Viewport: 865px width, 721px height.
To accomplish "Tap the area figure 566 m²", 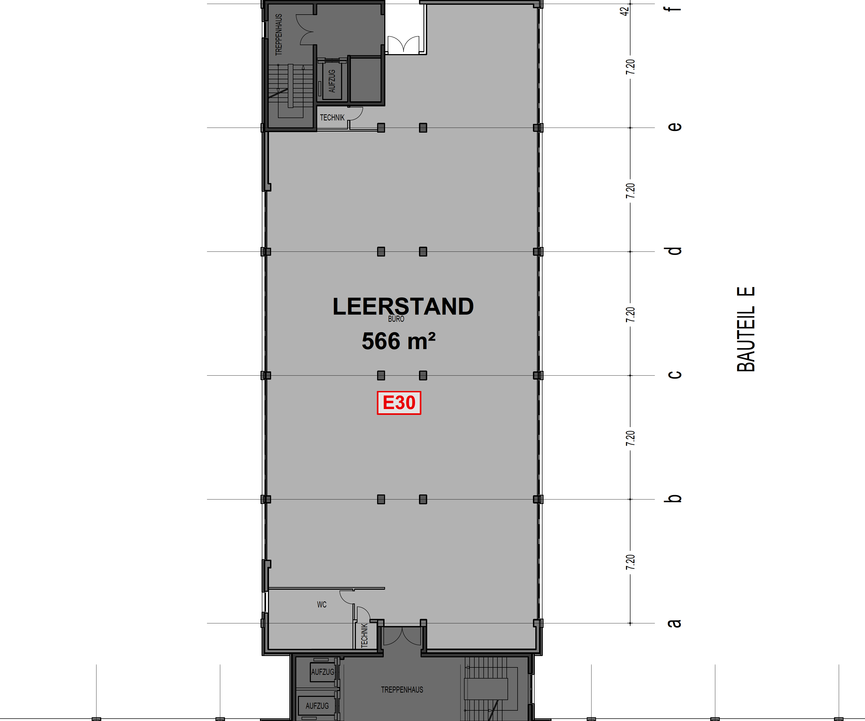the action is (x=398, y=341).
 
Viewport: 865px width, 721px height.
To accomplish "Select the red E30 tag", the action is (x=399, y=403).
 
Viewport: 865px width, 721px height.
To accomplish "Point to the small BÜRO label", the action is (x=396, y=319).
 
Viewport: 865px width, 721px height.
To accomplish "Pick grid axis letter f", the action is (x=674, y=7).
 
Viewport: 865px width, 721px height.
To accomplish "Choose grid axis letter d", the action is (x=674, y=251).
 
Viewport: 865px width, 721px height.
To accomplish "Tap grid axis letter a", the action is (x=674, y=623).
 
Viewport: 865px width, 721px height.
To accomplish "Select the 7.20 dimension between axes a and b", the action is (x=630, y=562).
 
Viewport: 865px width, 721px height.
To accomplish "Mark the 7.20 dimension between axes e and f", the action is (x=630, y=67).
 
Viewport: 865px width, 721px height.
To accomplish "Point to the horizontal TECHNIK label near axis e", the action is (x=332, y=118).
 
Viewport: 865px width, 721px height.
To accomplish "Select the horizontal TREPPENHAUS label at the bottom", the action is (x=402, y=690).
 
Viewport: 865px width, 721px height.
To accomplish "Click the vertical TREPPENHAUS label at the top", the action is (x=279, y=35).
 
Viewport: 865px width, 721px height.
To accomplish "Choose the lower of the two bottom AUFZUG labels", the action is (x=317, y=706).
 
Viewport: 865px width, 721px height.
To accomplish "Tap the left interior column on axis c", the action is (x=381, y=375).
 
